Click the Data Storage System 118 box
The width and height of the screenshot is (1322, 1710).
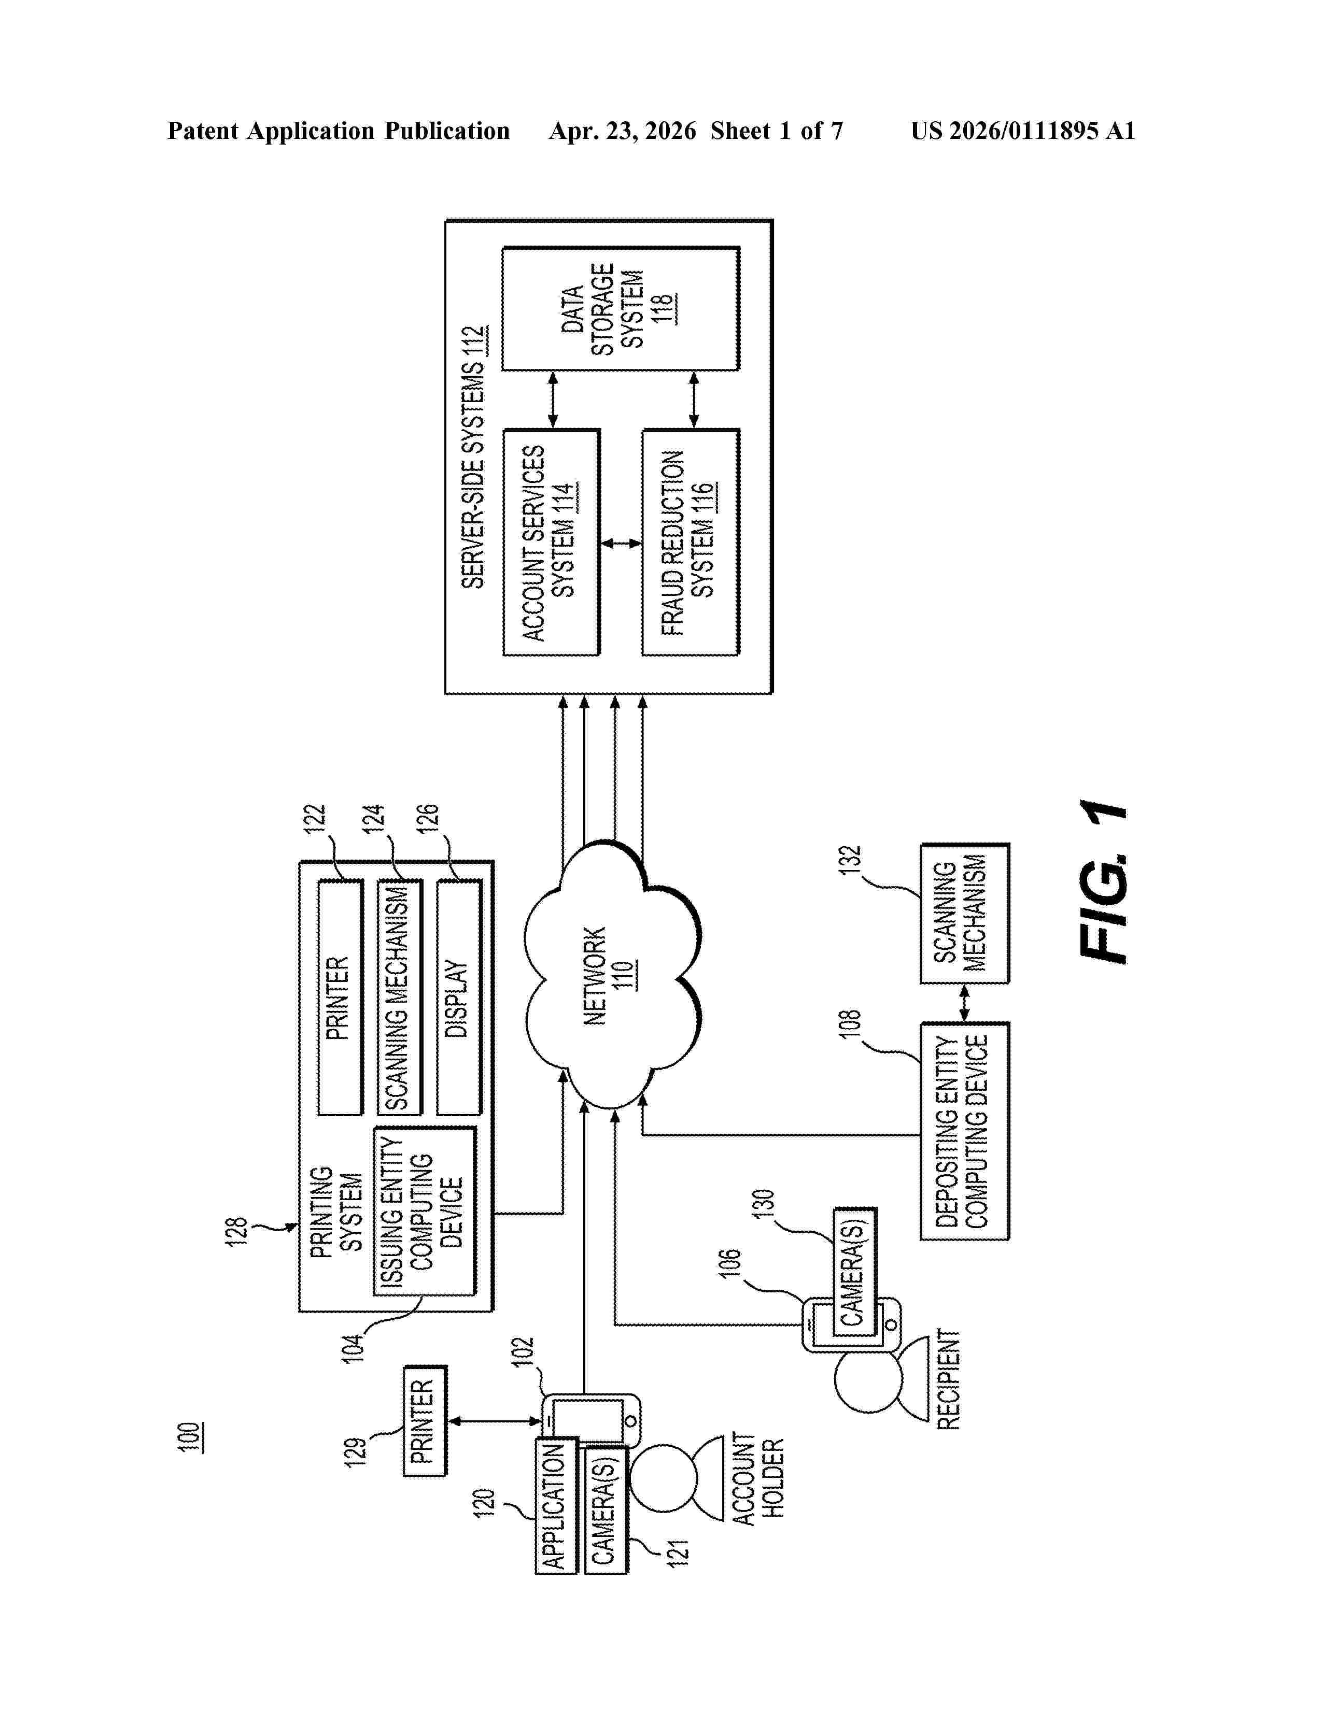tap(620, 308)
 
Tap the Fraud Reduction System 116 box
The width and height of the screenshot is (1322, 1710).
tap(690, 542)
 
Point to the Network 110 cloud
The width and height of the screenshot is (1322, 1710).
tap(611, 975)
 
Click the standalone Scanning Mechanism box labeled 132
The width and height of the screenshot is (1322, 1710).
tap(964, 913)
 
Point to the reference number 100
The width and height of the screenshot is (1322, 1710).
tap(190, 1437)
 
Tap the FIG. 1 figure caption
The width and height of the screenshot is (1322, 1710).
tap(1103, 881)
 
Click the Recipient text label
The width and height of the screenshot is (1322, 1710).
tap(948, 1379)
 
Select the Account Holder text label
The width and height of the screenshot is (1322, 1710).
tap(758, 1478)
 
